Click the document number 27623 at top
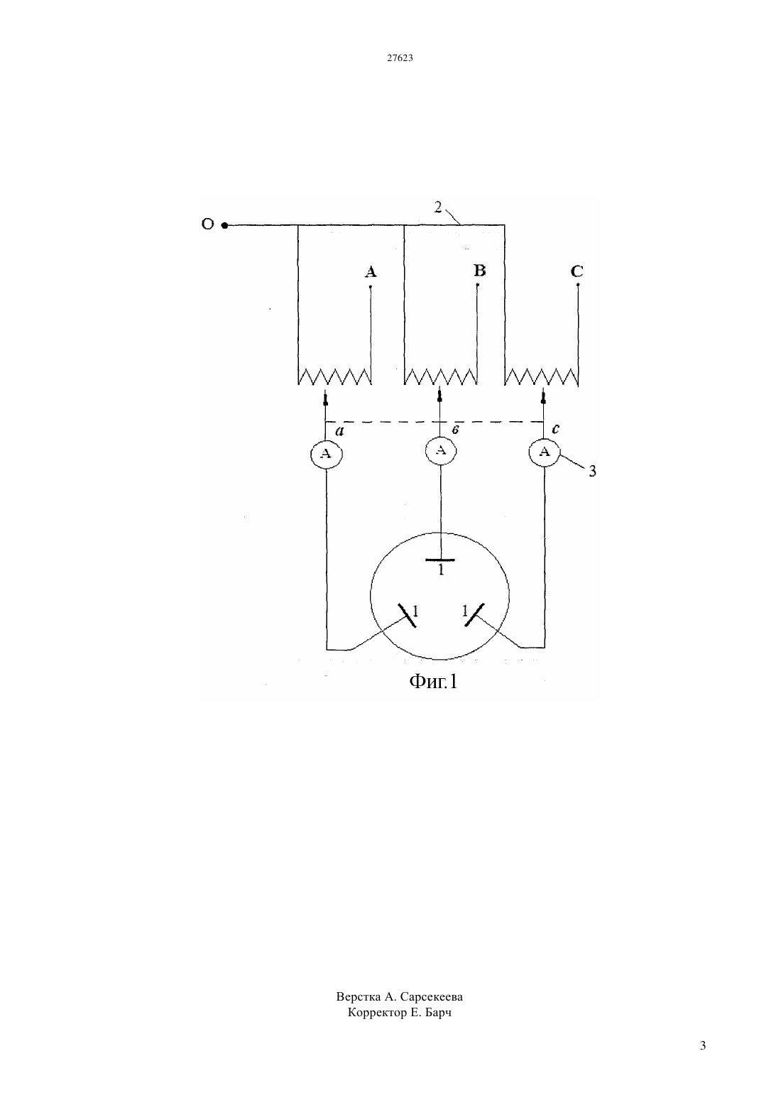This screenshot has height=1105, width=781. point(400,58)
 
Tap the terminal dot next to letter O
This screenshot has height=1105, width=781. point(224,225)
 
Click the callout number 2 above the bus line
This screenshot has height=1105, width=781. point(438,207)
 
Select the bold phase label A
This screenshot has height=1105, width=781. point(371,272)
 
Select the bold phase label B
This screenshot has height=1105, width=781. point(479,271)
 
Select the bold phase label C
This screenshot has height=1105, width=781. point(577,271)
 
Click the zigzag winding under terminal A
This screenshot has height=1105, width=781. point(335,376)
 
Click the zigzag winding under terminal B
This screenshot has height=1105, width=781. point(441,376)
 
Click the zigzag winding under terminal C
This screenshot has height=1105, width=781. point(541,376)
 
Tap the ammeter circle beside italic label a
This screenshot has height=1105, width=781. point(326,454)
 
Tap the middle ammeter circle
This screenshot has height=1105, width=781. point(441,450)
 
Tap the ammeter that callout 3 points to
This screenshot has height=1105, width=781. point(545,452)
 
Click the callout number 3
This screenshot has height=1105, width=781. point(592,471)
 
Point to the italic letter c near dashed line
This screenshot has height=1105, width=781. point(556,429)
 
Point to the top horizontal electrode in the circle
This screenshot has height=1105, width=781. point(440,560)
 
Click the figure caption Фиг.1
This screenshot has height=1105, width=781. point(433,682)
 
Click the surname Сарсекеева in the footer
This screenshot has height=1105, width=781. point(432,997)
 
